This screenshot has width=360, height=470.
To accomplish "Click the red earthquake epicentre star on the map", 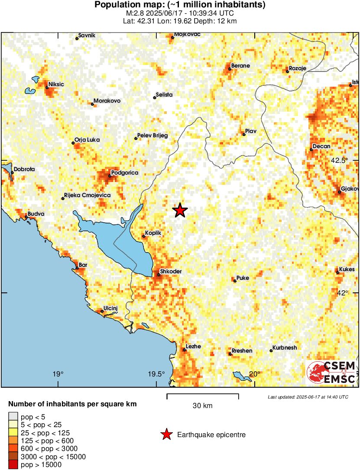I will pyautogui.click(x=180, y=211).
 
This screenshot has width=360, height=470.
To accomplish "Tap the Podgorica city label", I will pyautogui.click(x=124, y=173).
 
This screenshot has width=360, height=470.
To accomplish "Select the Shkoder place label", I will pyautogui.click(x=170, y=272).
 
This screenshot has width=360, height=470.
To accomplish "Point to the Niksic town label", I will pyautogui.click(x=56, y=84).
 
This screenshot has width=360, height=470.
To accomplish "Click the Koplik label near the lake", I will pyautogui.click(x=154, y=233).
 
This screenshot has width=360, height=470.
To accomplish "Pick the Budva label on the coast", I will pyautogui.click(x=36, y=214).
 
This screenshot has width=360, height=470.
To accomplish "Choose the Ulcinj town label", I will pyautogui.click(x=111, y=308).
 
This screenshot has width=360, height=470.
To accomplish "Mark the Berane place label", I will pyautogui.click(x=240, y=65).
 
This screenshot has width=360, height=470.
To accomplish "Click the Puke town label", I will pyautogui.click(x=243, y=278).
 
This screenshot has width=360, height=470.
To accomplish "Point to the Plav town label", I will pyautogui.click(x=251, y=131).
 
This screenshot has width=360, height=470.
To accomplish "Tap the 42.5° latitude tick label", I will pyautogui.click(x=339, y=160).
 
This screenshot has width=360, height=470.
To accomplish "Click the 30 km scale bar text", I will pyautogui.click(x=202, y=406).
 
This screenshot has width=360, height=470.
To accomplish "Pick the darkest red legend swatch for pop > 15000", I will pyautogui.click(x=13, y=465).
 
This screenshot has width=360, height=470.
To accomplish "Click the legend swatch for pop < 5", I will pyautogui.click(x=13, y=417).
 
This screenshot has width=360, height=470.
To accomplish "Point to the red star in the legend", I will pyautogui.click(x=166, y=434).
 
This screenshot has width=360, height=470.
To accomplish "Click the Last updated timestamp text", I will pyautogui.click(x=308, y=397).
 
